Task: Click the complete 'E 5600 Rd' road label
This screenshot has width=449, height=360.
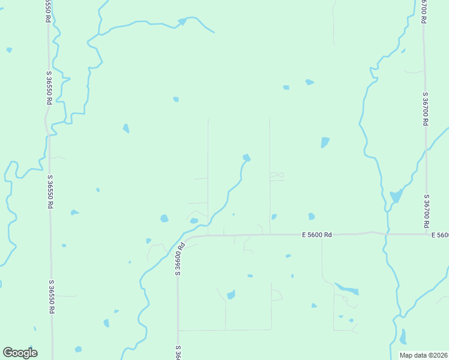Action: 318,235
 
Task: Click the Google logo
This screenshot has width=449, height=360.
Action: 20,353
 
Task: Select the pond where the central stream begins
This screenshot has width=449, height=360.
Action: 246,158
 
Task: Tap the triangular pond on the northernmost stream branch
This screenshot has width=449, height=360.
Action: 182,22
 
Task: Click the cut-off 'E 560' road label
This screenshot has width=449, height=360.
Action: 439,235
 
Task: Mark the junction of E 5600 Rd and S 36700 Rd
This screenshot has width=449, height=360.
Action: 427,233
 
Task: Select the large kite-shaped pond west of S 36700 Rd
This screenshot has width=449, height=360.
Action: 396,196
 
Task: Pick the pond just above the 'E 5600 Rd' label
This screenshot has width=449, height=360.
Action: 312,216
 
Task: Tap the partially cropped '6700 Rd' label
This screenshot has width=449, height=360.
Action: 423,11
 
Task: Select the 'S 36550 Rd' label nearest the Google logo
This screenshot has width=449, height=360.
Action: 52,296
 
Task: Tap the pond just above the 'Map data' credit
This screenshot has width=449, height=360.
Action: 403,337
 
